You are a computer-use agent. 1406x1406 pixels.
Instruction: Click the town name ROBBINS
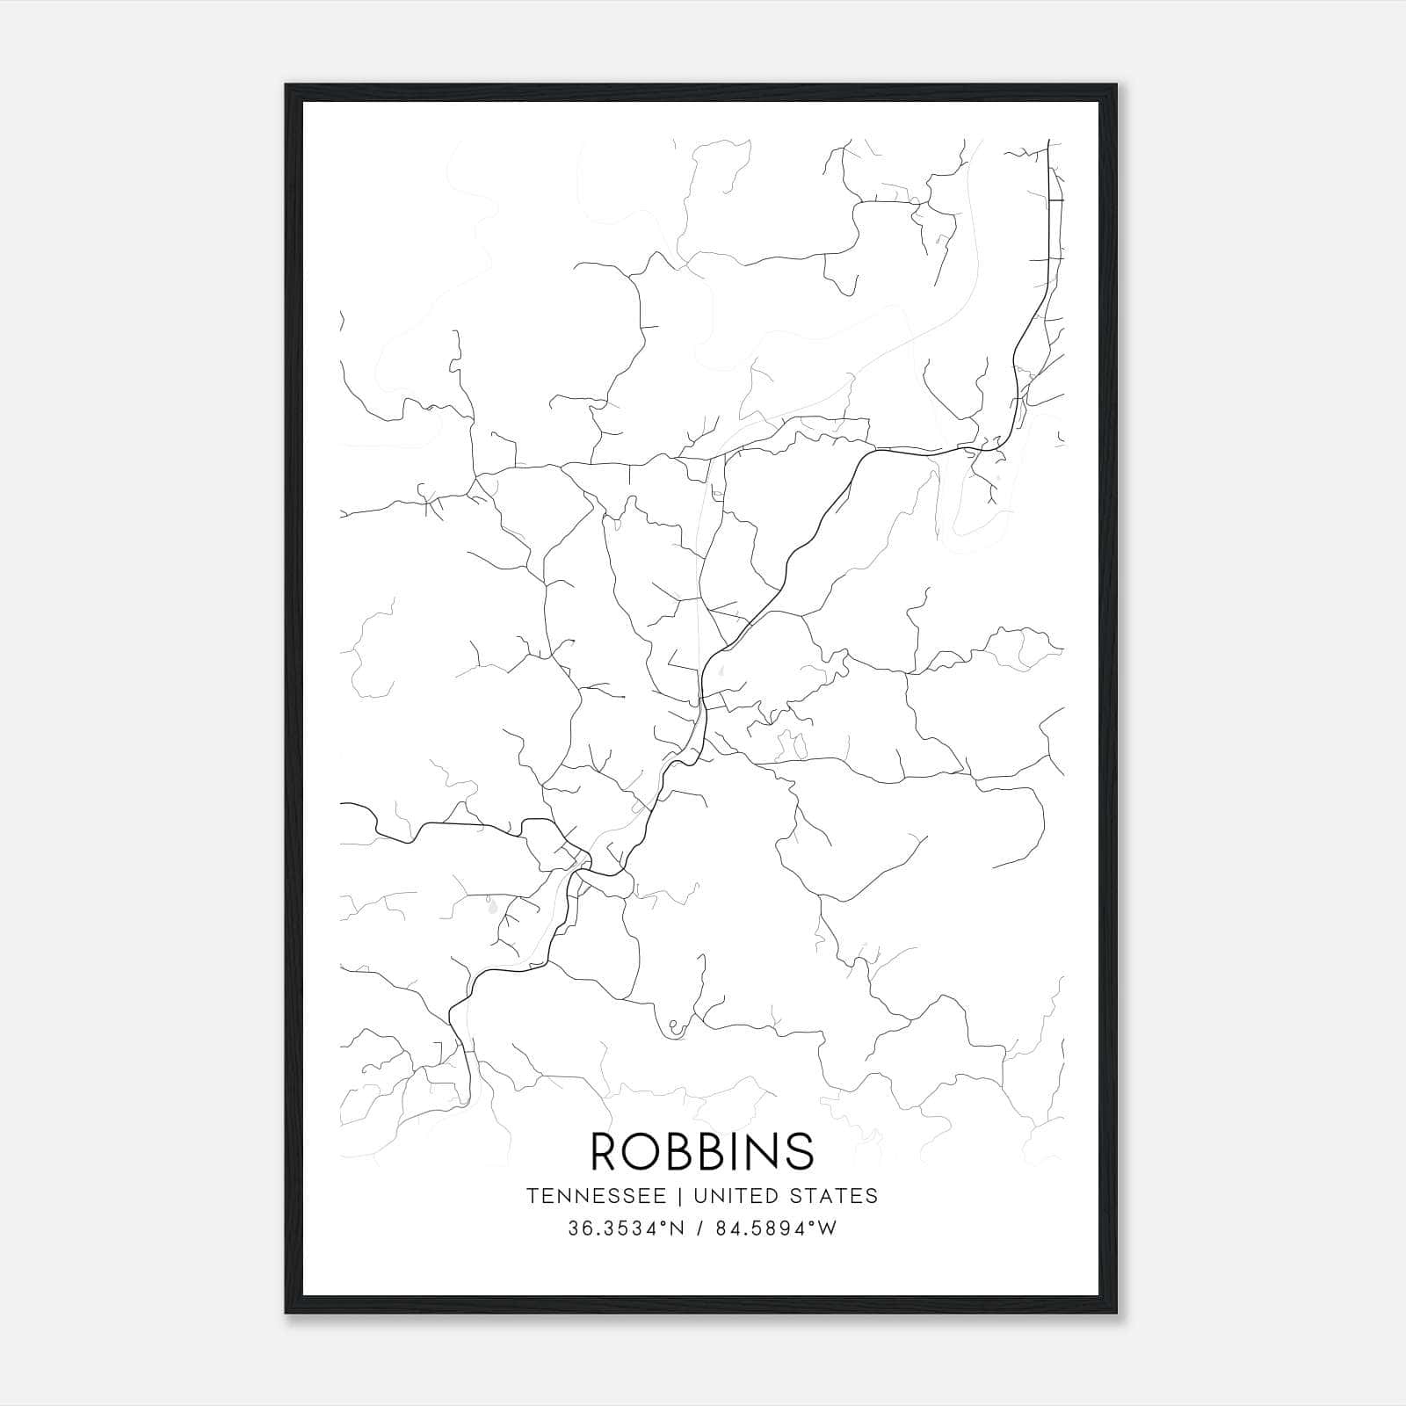702,1151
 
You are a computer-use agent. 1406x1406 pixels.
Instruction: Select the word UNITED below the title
734,1196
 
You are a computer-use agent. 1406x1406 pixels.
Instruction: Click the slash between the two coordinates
700,1228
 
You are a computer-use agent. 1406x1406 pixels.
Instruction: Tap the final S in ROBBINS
801,1151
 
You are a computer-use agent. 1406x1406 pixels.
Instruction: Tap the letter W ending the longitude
828,1228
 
